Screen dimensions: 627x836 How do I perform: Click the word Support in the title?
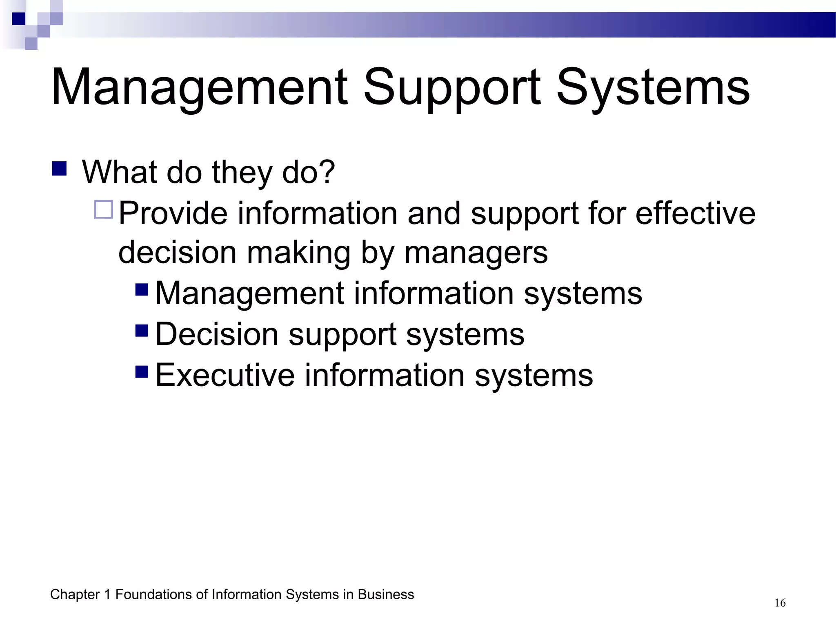452,88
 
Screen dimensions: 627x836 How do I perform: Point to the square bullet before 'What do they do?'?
60,169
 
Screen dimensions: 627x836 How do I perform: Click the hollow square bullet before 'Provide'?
103,210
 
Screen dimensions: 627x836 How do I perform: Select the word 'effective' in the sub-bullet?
695,213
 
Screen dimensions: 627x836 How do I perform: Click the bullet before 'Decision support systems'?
141,330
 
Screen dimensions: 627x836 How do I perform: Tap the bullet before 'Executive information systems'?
141,371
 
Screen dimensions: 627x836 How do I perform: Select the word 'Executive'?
225,375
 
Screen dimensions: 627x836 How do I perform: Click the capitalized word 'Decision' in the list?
217,334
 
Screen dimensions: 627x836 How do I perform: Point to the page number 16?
780,603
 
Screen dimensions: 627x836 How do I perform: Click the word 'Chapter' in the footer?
75,595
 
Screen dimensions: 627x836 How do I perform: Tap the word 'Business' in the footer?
386,595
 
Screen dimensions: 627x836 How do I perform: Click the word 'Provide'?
173,213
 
